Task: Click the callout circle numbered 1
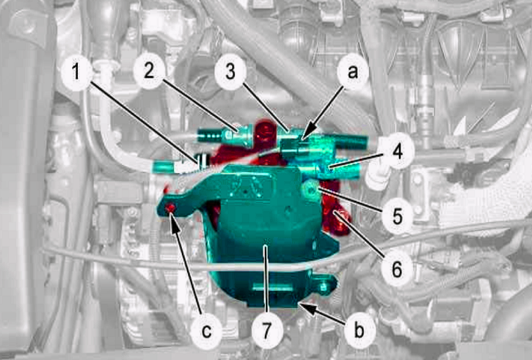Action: pyautogui.click(x=76, y=73)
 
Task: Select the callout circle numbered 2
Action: pyautogui.click(x=149, y=71)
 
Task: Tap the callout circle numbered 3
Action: pyautogui.click(x=230, y=72)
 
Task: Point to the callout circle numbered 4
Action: pyautogui.click(x=397, y=151)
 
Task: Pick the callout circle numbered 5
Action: pyautogui.click(x=397, y=216)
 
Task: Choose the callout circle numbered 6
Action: pyautogui.click(x=397, y=269)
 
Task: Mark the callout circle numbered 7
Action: pyautogui.click(x=267, y=330)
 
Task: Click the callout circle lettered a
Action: pyautogui.click(x=353, y=72)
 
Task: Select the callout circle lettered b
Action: pyautogui.click(x=359, y=330)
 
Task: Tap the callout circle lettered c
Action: pyautogui.click(x=206, y=331)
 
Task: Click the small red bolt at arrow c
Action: pyautogui.click(x=170, y=207)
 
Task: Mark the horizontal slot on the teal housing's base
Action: pyautogui.click(x=272, y=288)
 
